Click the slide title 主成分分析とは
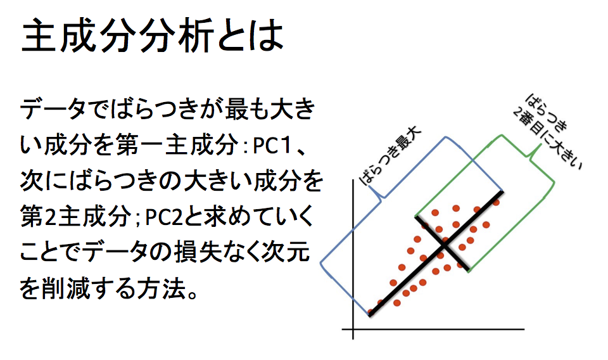153,35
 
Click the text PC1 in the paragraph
272,146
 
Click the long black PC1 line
436,254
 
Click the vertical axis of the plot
353,259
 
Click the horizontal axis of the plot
433,330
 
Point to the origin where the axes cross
353,330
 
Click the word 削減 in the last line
65,289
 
